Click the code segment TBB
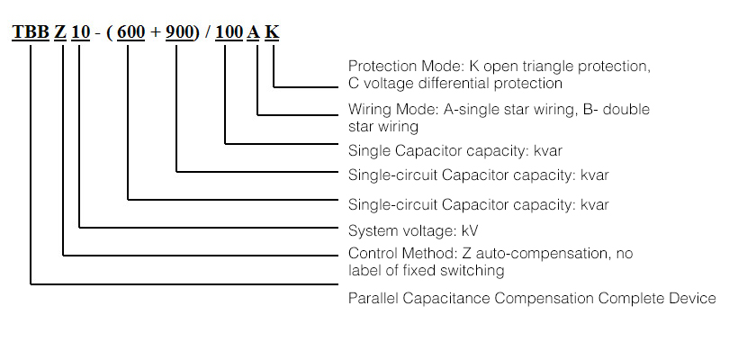click(30, 32)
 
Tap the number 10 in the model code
click(81, 32)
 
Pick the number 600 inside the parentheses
click(131, 32)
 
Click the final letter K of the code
click(273, 32)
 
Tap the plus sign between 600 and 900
click(155, 32)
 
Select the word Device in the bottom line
click(693, 298)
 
